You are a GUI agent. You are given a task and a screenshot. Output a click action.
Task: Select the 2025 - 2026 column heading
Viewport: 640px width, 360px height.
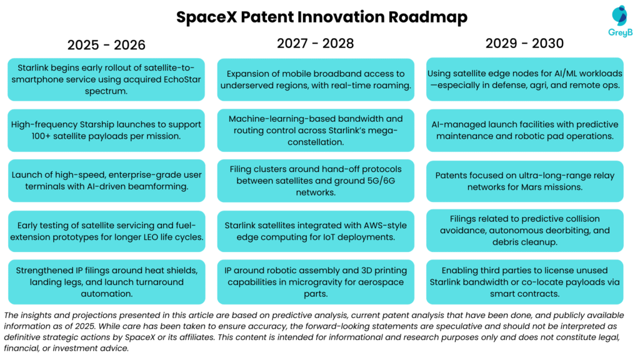pyautogui.click(x=106, y=45)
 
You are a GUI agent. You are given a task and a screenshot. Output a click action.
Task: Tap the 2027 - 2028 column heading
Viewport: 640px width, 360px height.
pyautogui.click(x=316, y=43)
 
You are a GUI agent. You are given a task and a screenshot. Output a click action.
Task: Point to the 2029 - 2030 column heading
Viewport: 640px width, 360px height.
pyautogui.click(x=524, y=43)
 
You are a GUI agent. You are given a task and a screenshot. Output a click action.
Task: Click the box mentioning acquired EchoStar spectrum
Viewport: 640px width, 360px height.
pyautogui.click(x=106, y=79)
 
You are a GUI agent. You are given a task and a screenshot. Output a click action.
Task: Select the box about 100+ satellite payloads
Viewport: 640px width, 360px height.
pyautogui.click(x=106, y=130)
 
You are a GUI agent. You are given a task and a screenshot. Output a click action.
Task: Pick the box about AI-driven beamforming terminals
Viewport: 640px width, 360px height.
pyautogui.click(x=106, y=181)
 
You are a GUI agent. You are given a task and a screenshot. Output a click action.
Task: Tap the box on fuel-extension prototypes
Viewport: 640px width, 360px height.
pyautogui.click(x=106, y=231)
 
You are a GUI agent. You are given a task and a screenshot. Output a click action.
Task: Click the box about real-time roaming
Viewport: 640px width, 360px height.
pyautogui.click(x=316, y=79)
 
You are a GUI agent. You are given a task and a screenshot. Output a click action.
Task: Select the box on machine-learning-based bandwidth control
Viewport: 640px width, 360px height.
pyautogui.click(x=316, y=130)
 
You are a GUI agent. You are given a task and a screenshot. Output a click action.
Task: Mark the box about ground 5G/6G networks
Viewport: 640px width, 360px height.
pyautogui.click(x=316, y=181)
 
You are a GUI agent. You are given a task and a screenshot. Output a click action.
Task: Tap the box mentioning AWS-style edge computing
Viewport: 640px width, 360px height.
pyautogui.click(x=316, y=231)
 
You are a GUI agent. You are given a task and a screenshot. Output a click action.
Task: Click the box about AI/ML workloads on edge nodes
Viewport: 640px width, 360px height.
pyautogui.click(x=524, y=79)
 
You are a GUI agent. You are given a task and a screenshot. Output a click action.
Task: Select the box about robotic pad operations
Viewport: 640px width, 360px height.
pyautogui.click(x=524, y=130)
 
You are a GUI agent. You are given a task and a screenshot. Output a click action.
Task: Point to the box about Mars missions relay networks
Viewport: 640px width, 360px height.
pyautogui.click(x=524, y=181)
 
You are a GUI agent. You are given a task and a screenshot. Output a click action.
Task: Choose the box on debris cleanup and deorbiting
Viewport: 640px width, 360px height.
pyautogui.click(x=524, y=231)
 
